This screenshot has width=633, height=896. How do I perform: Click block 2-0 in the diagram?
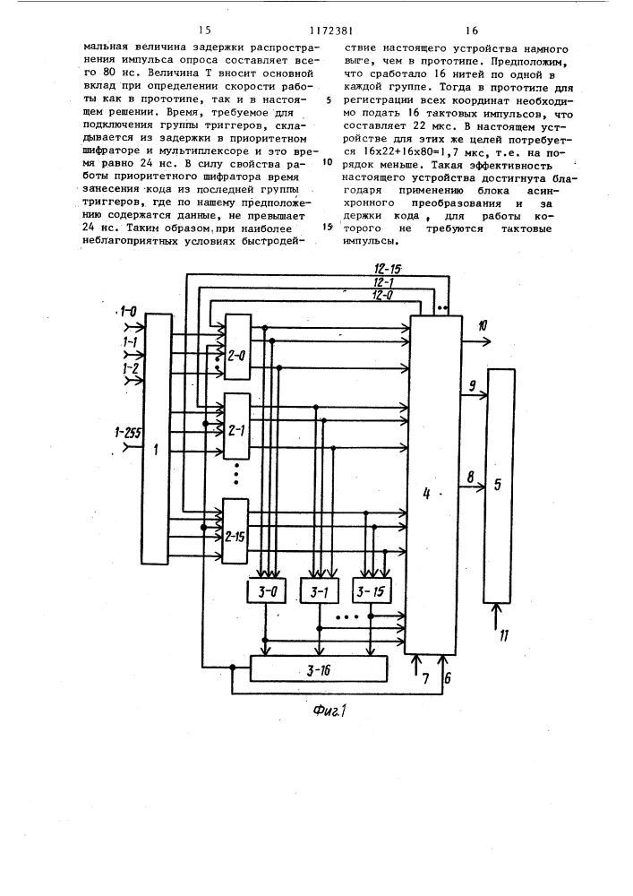237,346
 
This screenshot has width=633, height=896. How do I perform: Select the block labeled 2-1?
237,426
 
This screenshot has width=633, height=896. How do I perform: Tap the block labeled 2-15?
235,531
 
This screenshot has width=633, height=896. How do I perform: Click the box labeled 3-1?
319,592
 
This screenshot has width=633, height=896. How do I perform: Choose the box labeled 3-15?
372,592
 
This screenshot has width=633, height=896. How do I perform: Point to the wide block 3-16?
319,668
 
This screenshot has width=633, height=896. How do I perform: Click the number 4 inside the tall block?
426,494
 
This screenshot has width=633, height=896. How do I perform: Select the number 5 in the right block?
497,485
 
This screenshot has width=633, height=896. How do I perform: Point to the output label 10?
483,326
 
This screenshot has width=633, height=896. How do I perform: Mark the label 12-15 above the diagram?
389,270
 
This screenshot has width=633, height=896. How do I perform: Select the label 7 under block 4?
424,678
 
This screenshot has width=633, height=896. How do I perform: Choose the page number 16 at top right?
472,30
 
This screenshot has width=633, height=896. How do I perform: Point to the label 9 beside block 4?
473,385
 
